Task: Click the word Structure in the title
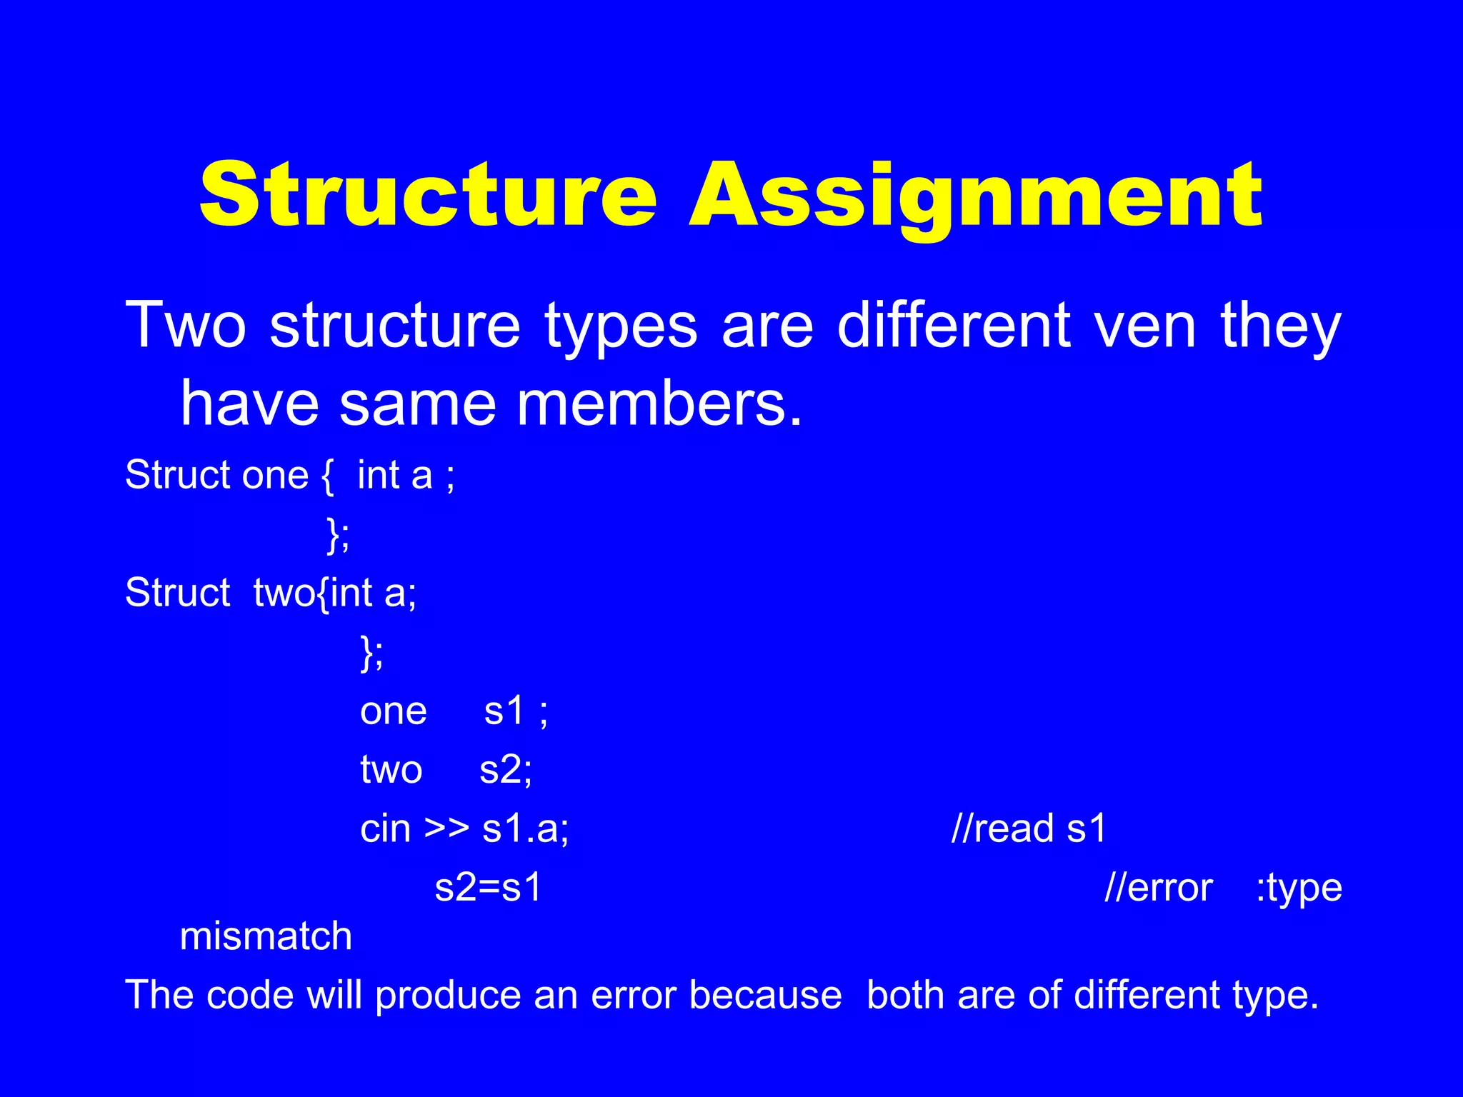click(x=427, y=194)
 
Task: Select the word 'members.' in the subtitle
click(x=660, y=404)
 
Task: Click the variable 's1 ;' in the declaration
click(x=516, y=711)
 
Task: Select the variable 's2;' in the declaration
click(x=506, y=770)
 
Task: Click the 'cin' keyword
click(x=386, y=829)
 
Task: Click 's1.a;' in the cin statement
click(x=526, y=829)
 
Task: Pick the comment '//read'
click(x=1003, y=829)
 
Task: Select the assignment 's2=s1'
click(x=489, y=888)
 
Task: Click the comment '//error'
click(x=1158, y=888)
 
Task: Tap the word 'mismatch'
click(x=266, y=936)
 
